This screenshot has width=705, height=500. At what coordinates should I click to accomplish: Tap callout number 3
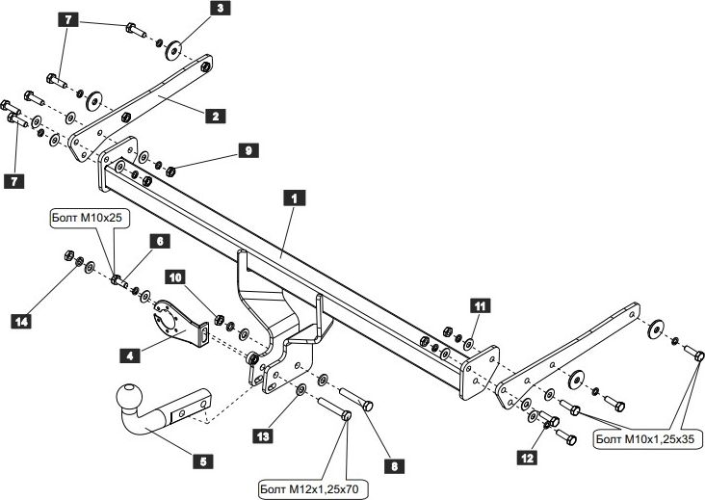[220, 11]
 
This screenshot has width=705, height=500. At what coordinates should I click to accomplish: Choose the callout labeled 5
[202, 461]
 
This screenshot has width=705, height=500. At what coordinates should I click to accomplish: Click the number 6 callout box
[158, 242]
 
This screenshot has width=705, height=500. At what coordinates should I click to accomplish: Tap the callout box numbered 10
[174, 277]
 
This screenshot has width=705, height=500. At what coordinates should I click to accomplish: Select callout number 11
[478, 306]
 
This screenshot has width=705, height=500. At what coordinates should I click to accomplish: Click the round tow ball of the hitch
[127, 397]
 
